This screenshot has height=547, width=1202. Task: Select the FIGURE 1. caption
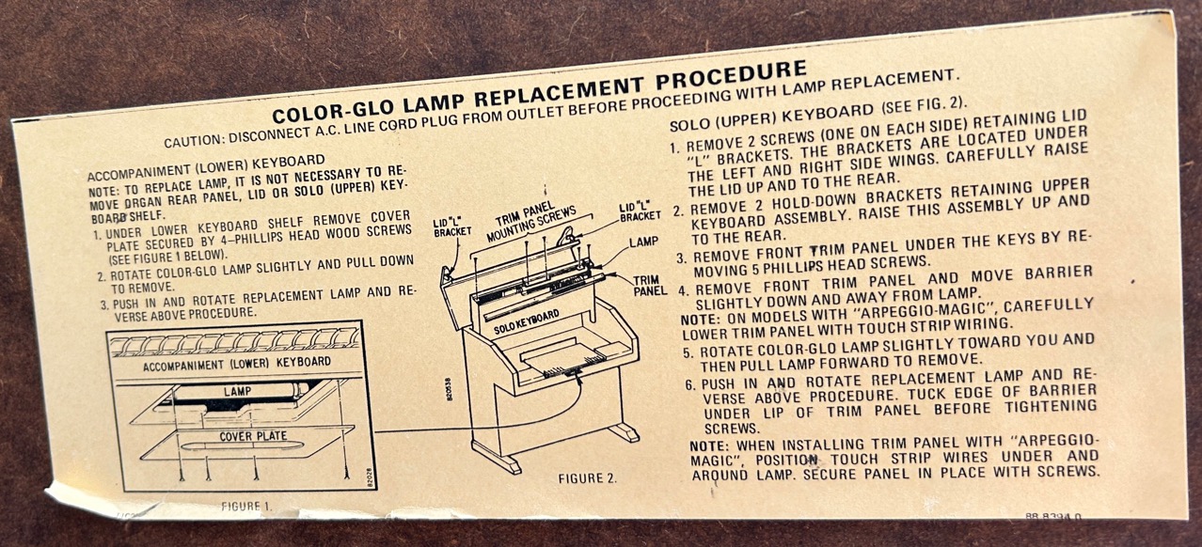coord(246,506)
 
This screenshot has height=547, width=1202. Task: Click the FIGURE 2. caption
coord(588,477)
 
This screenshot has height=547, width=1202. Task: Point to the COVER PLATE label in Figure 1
coord(253,436)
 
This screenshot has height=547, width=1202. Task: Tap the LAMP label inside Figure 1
coord(237,391)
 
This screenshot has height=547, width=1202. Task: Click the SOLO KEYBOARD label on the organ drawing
coord(527,321)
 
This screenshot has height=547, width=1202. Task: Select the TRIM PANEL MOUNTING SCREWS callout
coord(530,220)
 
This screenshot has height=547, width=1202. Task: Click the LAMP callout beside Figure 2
coord(643,242)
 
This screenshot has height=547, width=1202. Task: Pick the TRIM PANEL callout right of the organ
coord(649,286)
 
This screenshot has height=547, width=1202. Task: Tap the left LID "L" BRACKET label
coord(451,227)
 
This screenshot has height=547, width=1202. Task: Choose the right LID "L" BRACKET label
coord(640,211)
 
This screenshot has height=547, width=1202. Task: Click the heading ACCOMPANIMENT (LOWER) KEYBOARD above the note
coord(206,167)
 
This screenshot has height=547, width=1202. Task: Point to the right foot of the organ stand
coord(625,430)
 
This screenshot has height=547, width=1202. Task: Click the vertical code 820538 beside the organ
coord(449,389)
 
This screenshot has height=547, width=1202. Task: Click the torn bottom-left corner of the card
coord(47,489)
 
